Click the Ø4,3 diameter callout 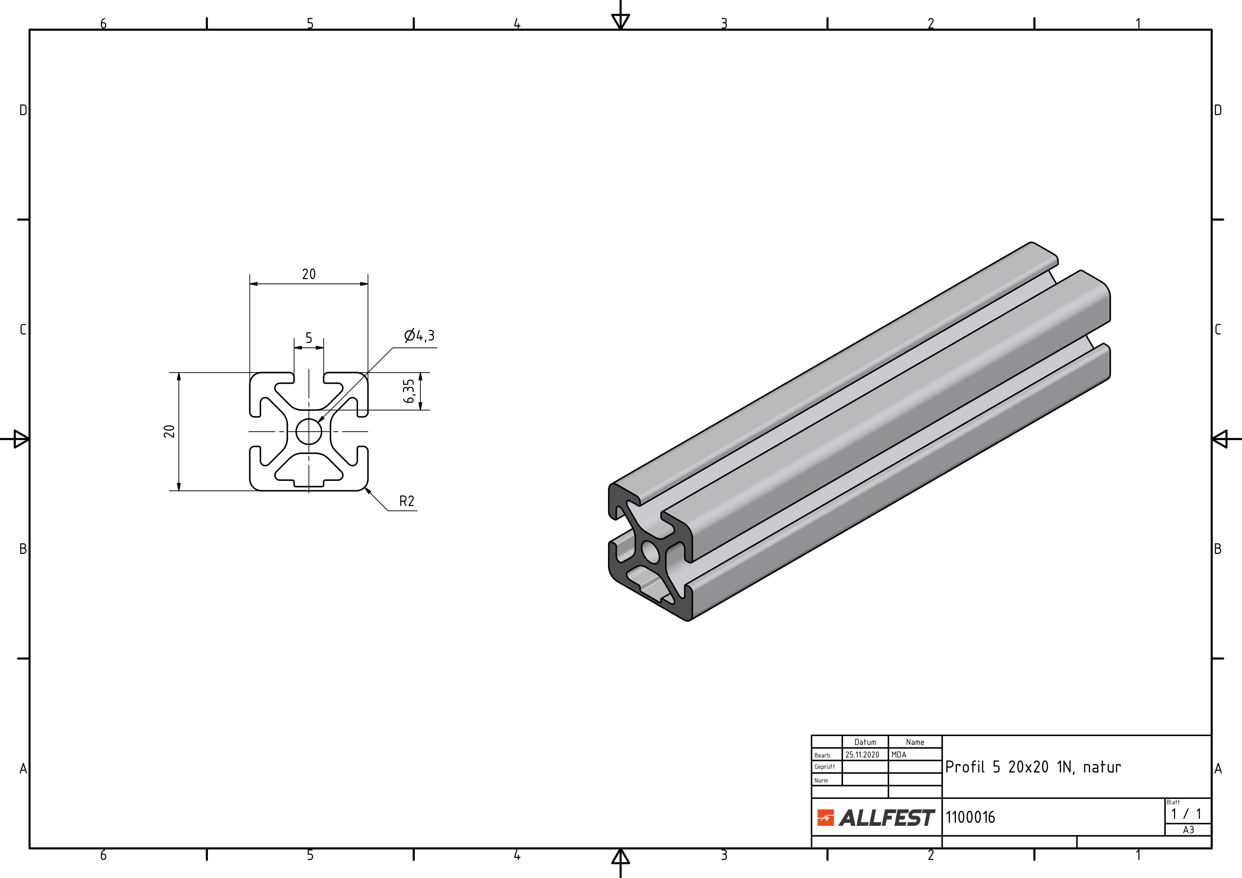coord(419,336)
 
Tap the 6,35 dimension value coord(409,391)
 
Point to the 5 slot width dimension coord(309,338)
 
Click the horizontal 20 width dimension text coord(309,274)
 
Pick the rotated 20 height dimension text coord(169,431)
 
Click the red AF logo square coord(825,818)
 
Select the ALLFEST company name coord(887,818)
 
